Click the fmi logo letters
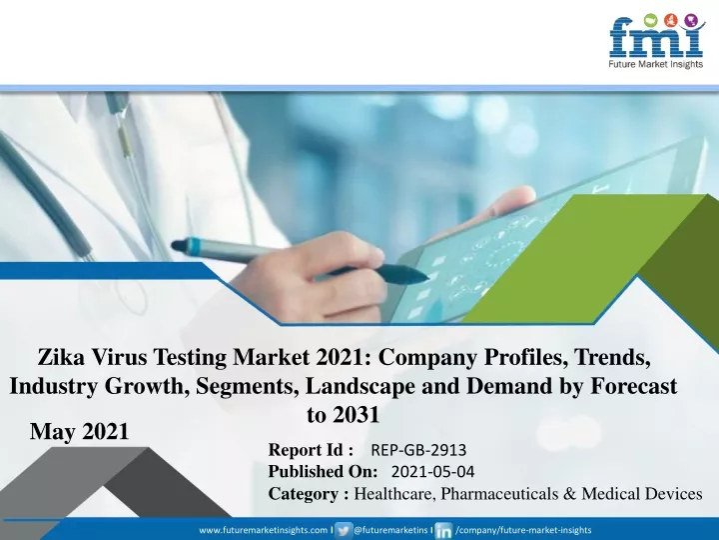[656, 38]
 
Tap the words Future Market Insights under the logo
[656, 64]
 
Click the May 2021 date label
[79, 432]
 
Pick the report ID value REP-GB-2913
[418, 450]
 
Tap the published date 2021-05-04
[433, 472]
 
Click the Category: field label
[309, 494]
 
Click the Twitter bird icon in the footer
[344, 530]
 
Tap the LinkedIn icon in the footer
[443, 530]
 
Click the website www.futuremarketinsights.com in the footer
[264, 530]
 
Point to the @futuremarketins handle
[391, 530]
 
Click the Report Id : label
[311, 450]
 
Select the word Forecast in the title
[634, 386]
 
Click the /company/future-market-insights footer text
[523, 530]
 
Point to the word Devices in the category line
[674, 494]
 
